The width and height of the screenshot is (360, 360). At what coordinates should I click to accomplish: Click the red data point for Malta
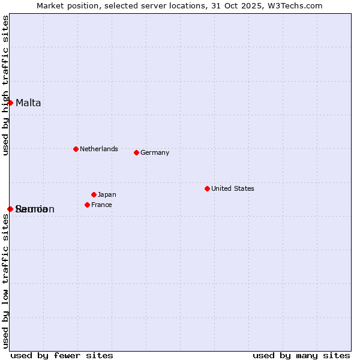[10, 103]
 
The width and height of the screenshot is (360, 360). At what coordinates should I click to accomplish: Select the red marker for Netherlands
[76, 149]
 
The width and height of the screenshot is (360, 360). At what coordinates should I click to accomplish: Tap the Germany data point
[136, 152]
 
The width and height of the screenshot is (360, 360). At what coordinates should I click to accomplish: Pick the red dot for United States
[207, 188]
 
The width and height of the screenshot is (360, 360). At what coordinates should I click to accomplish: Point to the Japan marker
[94, 194]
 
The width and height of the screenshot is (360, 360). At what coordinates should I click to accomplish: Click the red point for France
[87, 205]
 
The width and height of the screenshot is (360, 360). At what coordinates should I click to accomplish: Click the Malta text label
[28, 103]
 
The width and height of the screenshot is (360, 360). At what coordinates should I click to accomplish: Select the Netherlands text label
[98, 149]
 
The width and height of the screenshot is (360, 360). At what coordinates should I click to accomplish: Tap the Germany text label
[155, 152]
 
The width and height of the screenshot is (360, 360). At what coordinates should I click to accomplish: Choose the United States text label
[232, 188]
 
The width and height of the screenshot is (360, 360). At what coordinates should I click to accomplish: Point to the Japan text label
[107, 194]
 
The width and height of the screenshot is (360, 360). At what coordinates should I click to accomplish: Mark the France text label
[101, 205]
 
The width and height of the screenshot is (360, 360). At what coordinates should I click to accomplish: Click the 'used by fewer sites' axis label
[62, 355]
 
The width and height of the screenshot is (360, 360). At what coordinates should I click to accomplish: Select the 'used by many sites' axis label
[301, 355]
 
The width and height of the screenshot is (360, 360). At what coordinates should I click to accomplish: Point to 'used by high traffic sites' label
[5, 85]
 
